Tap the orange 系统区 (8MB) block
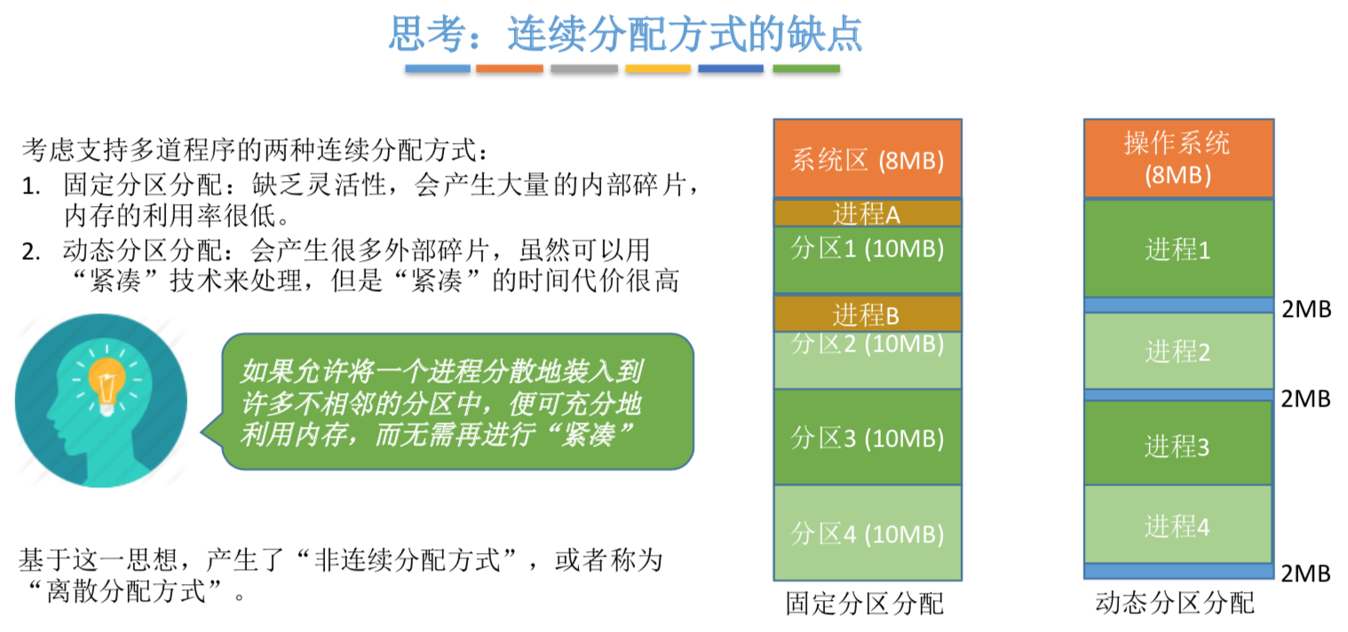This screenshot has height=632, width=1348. [867, 160]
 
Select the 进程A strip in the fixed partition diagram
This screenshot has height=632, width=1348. [867, 213]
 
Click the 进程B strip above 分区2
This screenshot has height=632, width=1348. [867, 313]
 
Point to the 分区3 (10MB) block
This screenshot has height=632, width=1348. [867, 438]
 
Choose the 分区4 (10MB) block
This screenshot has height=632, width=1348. [867, 533]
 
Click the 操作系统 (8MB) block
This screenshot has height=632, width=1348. [1178, 158]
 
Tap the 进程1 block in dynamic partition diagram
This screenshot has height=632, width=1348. [1178, 249]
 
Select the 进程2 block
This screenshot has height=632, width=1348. [1178, 352]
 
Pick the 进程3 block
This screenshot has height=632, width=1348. [1178, 445]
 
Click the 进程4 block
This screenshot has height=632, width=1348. [1178, 526]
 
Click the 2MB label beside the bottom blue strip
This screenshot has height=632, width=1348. [1305, 573]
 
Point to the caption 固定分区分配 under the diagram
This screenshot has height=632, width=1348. [864, 604]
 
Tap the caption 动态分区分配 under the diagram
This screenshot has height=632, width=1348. [1176, 604]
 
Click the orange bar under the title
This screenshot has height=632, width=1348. [509, 68]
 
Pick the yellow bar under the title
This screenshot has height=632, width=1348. [657, 68]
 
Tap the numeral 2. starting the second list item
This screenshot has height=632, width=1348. [33, 250]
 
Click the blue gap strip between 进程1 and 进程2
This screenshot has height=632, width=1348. [1178, 305]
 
